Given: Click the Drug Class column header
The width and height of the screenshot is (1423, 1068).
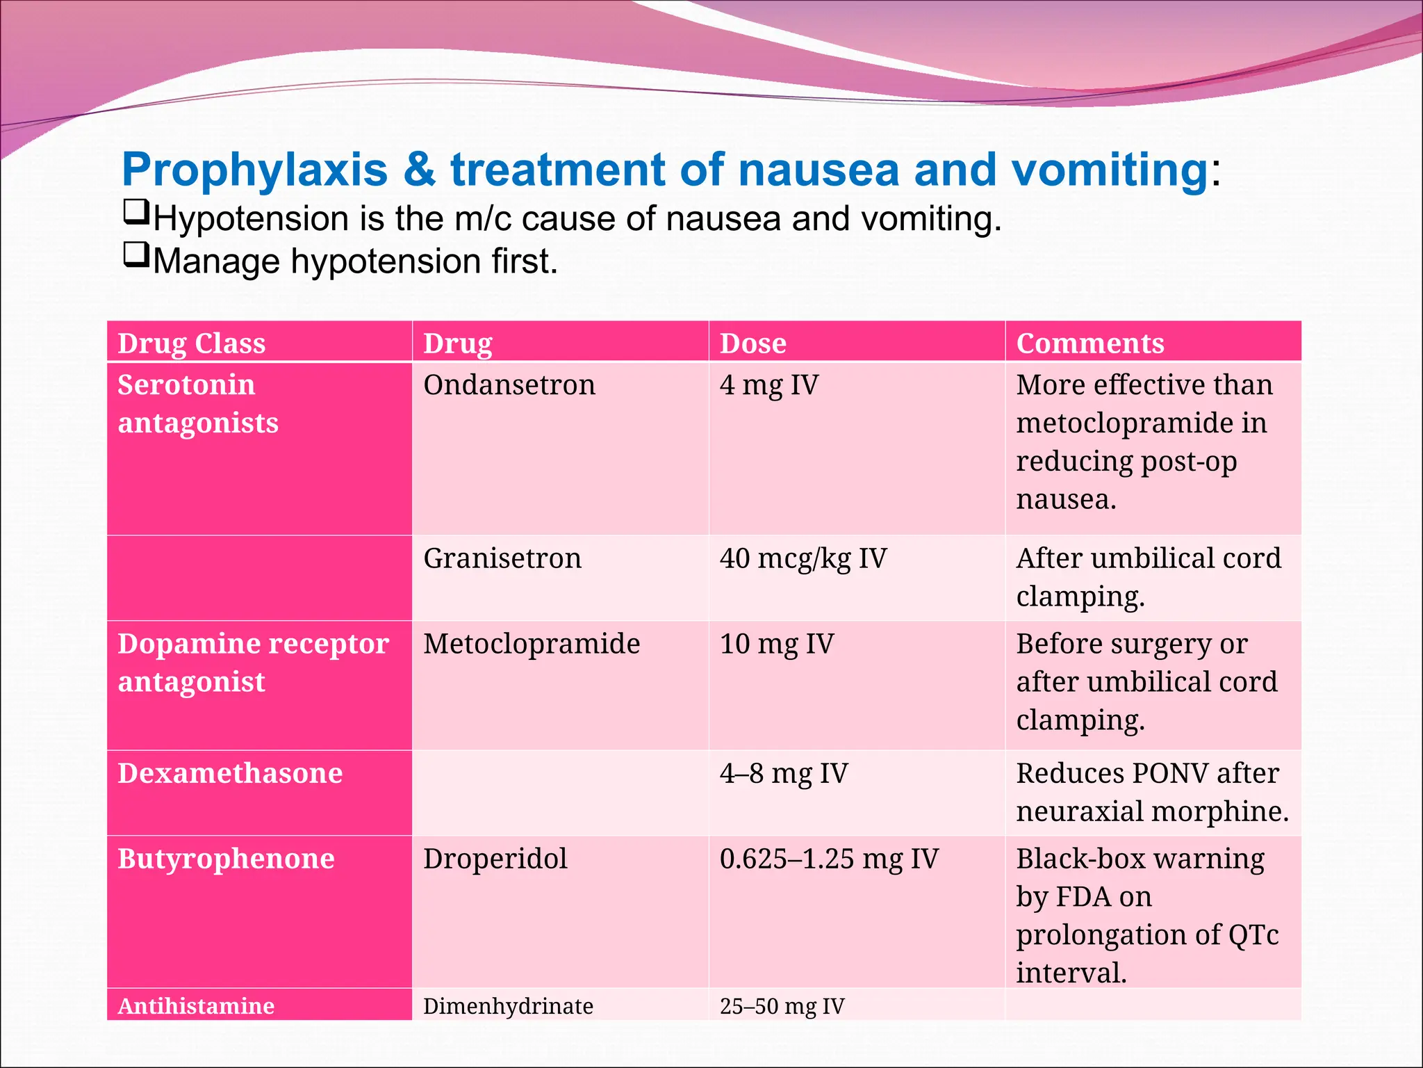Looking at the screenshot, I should [191, 343].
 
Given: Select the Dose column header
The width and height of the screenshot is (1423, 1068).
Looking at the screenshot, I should [752, 343].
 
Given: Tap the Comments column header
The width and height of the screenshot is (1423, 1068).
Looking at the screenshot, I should [1089, 343].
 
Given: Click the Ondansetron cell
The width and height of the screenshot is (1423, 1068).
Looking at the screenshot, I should [509, 385].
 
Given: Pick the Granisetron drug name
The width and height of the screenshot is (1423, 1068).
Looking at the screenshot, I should [502, 558].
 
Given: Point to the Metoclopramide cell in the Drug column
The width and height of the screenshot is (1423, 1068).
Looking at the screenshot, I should [532, 644].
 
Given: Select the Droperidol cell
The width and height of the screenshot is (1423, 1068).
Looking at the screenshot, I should [495, 859].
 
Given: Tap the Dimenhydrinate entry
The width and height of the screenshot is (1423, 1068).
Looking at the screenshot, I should [508, 1006].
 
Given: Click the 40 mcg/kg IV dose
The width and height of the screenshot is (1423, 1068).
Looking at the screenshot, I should [803, 558].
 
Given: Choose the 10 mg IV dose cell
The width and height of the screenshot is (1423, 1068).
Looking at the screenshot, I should [776, 644].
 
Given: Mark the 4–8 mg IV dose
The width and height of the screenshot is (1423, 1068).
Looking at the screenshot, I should [784, 773].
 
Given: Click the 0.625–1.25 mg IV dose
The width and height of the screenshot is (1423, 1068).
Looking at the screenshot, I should [829, 859].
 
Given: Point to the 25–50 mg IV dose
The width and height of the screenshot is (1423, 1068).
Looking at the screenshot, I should [782, 1006].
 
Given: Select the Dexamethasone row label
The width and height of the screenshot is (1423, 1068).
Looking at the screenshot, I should [230, 773].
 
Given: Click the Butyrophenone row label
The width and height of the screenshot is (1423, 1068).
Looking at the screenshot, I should [226, 859].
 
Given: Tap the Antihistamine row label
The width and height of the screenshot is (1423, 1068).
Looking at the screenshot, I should [196, 1006].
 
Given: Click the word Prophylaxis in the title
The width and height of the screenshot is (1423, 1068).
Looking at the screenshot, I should [254, 170].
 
